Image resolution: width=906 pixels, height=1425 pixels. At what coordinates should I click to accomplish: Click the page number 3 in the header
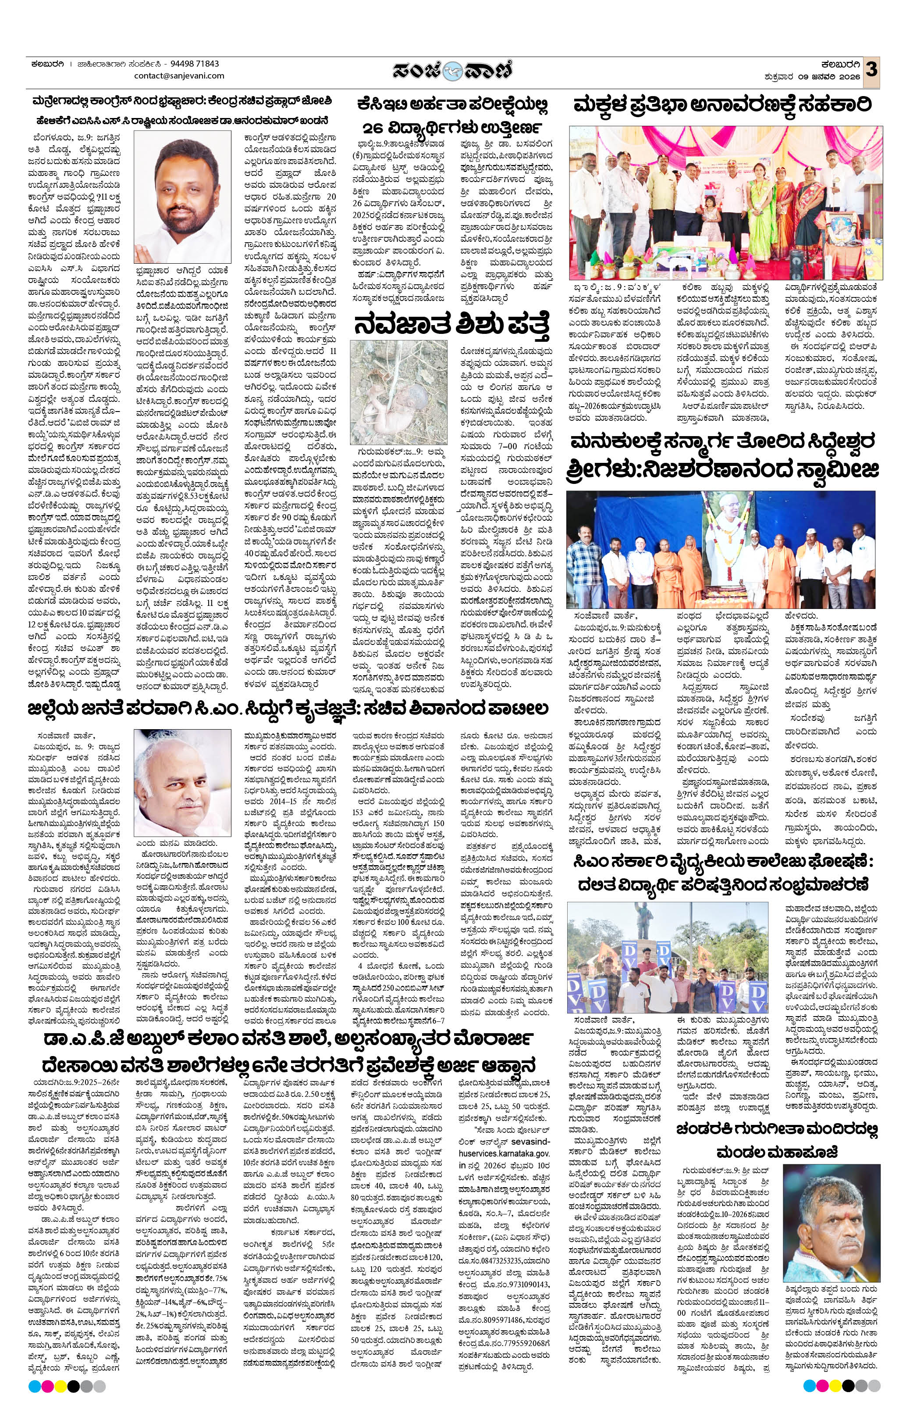click(871, 70)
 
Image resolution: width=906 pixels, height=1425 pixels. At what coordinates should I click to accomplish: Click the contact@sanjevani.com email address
click(179, 76)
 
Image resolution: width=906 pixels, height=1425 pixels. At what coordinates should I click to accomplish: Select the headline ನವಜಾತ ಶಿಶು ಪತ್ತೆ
click(452, 324)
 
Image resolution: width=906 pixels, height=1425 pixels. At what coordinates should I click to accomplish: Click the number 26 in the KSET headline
click(376, 128)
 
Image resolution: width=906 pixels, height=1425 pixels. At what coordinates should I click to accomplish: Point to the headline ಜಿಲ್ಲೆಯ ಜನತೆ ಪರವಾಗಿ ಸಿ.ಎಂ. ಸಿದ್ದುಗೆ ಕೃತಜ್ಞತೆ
click(288, 709)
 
